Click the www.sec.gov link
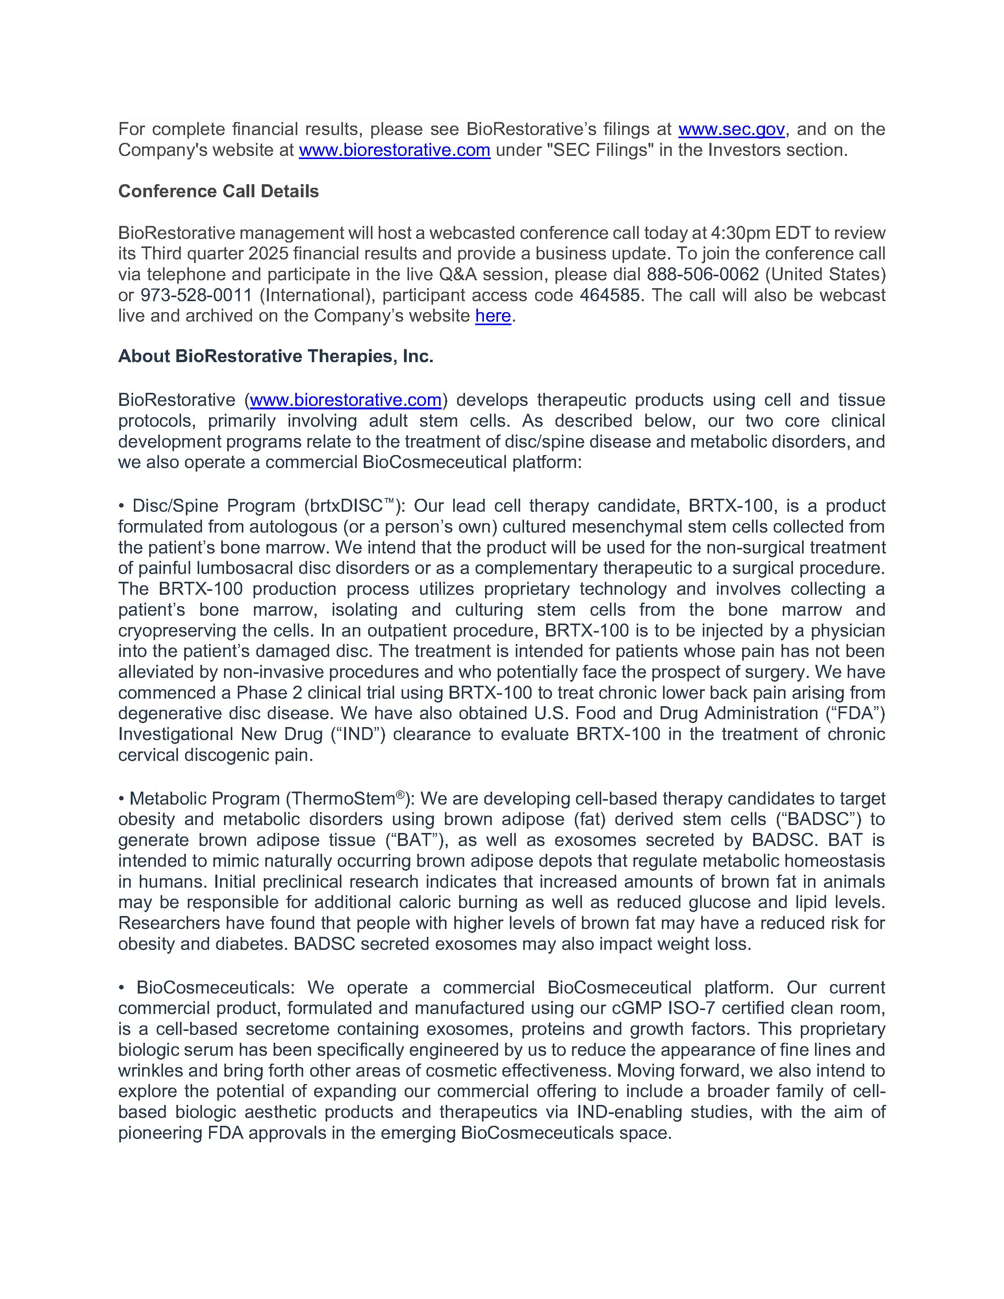(x=731, y=129)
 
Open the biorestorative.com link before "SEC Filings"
(x=395, y=150)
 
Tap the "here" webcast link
(x=493, y=316)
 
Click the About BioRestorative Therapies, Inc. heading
(x=275, y=356)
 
